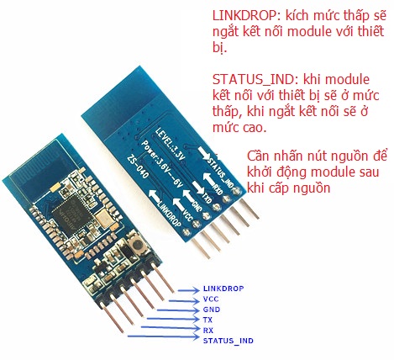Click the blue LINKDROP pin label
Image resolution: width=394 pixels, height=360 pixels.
point(223,289)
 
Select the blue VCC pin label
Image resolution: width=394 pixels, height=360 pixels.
point(211,299)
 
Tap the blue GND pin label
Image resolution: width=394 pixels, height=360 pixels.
point(212,310)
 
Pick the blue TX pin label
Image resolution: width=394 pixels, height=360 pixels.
point(208,320)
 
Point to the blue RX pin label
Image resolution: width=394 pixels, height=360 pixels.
point(208,331)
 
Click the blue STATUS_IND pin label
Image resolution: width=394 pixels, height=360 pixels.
point(229,341)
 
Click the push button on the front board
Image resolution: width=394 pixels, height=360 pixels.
point(137,245)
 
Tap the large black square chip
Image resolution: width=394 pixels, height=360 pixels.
point(70,216)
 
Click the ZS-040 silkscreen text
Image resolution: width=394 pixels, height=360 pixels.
point(138,167)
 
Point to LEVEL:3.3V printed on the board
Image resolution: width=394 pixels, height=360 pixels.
point(170,144)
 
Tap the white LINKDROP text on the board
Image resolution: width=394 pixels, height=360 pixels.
point(170,214)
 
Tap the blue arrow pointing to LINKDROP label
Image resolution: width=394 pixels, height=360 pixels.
point(188,290)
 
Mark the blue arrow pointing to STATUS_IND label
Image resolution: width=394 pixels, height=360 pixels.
point(163,336)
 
